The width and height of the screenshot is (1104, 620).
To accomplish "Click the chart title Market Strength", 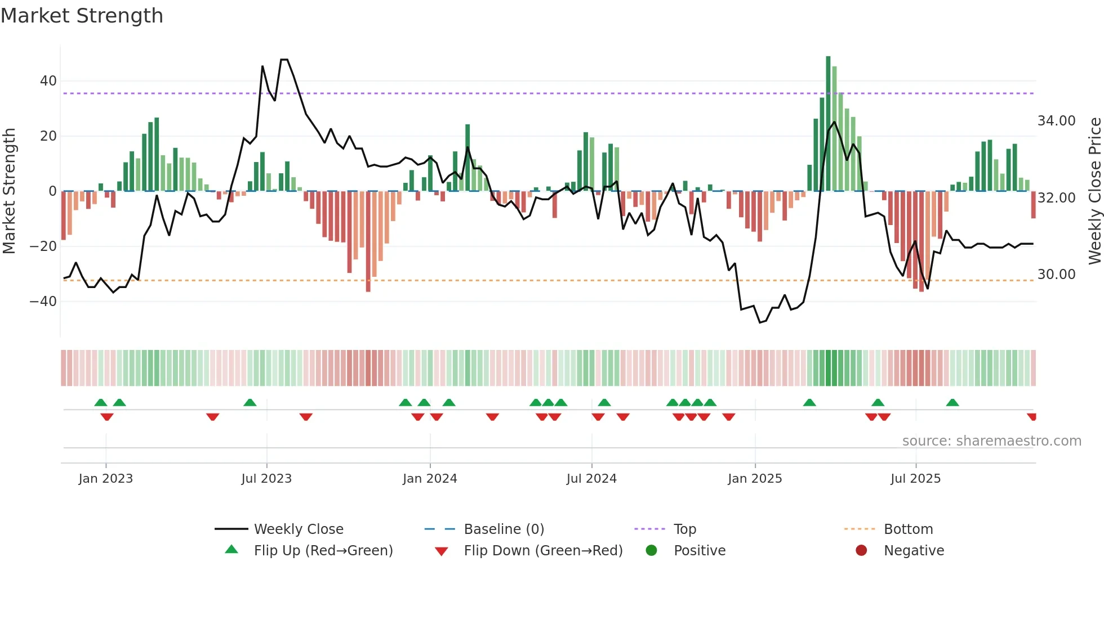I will (x=82, y=16).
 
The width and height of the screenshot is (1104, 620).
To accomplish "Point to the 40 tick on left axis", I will (x=48, y=81).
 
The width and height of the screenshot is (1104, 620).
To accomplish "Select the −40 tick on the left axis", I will (x=43, y=302).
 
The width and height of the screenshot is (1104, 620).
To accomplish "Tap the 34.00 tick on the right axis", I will (x=1056, y=121).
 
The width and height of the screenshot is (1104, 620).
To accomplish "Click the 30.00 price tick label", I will (x=1056, y=275).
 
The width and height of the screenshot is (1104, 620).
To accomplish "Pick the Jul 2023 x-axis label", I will (x=266, y=479).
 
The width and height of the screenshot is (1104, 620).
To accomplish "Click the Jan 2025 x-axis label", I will (x=755, y=479).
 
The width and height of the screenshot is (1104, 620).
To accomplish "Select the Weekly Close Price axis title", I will (x=1094, y=191).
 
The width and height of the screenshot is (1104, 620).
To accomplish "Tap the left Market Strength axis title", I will (x=10, y=191).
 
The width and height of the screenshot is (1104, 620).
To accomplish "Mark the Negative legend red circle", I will (x=861, y=550).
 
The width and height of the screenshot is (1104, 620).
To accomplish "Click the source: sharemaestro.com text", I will (x=991, y=441).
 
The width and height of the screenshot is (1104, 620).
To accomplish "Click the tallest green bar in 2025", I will (x=828, y=124).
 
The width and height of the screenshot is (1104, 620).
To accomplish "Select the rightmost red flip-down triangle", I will (x=1031, y=417).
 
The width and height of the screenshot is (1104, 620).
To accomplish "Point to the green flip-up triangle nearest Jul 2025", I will (x=952, y=403).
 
